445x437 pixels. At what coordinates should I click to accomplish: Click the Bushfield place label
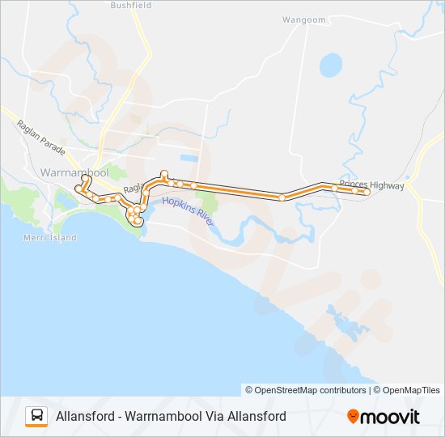(131, 5)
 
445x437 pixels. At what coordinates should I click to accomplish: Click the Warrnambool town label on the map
(74, 172)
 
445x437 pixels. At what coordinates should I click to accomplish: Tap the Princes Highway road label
(371, 185)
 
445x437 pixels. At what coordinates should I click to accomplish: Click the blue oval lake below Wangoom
(331, 64)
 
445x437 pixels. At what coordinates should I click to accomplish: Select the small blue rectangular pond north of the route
(189, 156)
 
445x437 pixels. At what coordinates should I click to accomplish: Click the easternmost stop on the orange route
(367, 192)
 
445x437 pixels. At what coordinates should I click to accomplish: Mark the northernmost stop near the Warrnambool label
(86, 179)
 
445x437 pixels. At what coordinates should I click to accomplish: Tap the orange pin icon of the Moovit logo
(353, 417)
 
